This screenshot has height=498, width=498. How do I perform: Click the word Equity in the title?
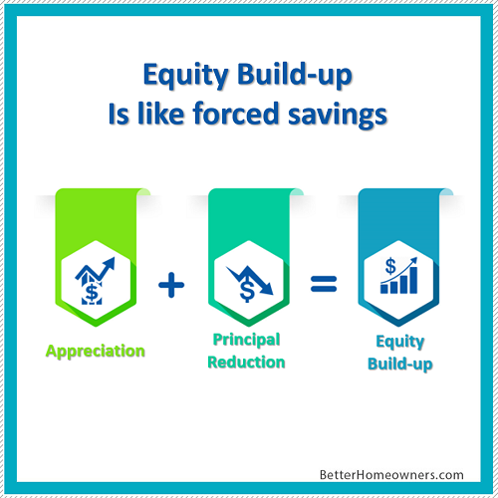pyautogui.click(x=186, y=76)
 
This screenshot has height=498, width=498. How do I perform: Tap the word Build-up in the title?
pyautogui.click(x=295, y=75)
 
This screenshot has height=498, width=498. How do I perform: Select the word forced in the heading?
pyautogui.click(x=235, y=114)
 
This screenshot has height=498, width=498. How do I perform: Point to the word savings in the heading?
pyautogui.click(x=338, y=116)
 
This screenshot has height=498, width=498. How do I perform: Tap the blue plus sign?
pyautogui.click(x=171, y=285)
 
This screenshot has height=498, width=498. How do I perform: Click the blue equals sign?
pyautogui.click(x=324, y=284)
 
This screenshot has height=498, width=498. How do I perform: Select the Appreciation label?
pyautogui.click(x=96, y=352)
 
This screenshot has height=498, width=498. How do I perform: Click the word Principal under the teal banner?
pyautogui.click(x=246, y=340)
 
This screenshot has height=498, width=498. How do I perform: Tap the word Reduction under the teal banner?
pyautogui.click(x=246, y=362)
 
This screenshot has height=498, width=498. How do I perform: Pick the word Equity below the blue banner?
pyautogui.click(x=400, y=342)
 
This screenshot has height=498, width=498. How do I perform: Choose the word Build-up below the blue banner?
pyautogui.click(x=400, y=365)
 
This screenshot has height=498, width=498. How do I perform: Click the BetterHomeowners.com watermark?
pyautogui.click(x=391, y=475)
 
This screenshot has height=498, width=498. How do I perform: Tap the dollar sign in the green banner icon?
pyautogui.click(x=92, y=293)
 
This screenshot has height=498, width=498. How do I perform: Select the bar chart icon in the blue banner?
pyautogui.click(x=398, y=276)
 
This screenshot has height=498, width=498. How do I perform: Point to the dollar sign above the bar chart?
pyautogui.click(x=390, y=267)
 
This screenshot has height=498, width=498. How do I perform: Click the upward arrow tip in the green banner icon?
pyautogui.click(x=114, y=258)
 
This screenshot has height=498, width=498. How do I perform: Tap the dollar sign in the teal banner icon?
pyautogui.click(x=247, y=290)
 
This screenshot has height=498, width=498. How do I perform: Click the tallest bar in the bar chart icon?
pyautogui.click(x=413, y=280)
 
